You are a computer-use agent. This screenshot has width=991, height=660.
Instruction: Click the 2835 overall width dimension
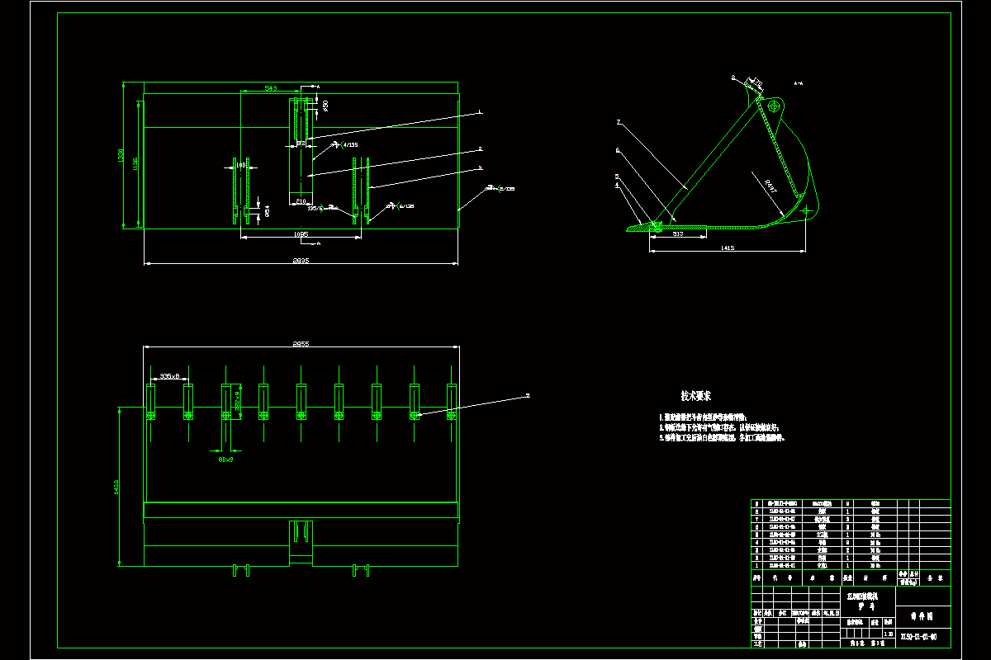pyautogui.click(x=301, y=261)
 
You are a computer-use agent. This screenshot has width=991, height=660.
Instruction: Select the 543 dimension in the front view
pyautogui.click(x=270, y=87)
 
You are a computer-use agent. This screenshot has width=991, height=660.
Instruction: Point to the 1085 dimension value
pyautogui.click(x=301, y=235)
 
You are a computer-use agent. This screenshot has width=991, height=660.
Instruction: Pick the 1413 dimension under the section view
pyautogui.click(x=727, y=247)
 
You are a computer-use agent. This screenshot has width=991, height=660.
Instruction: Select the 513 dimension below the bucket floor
pyautogui.click(x=677, y=234)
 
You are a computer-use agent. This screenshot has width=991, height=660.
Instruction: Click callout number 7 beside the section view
pyautogui.click(x=617, y=122)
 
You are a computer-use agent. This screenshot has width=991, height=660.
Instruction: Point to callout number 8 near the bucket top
pyautogui.click(x=732, y=78)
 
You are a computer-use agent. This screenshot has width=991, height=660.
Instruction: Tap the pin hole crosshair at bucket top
pyautogui.click(x=774, y=106)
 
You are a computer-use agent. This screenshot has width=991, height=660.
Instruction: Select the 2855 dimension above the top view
pyautogui.click(x=301, y=343)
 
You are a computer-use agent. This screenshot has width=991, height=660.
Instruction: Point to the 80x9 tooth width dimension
pyautogui.click(x=225, y=460)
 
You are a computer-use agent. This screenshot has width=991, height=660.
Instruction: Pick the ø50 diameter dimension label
pyautogui.click(x=325, y=106)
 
